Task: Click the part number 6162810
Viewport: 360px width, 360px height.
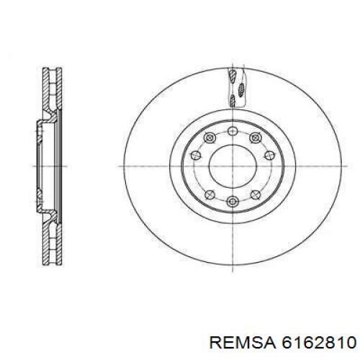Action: [x=319, y=343]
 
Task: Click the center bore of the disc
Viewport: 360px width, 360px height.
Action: [x=233, y=166]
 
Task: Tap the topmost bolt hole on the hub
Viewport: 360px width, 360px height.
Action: [x=233, y=131]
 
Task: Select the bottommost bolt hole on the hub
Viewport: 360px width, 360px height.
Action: [x=233, y=201]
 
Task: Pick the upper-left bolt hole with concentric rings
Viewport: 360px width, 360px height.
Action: [x=210, y=138]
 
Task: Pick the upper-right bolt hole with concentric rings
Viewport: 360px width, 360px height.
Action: [x=255, y=138]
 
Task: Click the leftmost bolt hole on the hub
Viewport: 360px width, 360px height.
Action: [x=196, y=156]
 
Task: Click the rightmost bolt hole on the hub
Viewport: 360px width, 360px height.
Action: [x=269, y=156]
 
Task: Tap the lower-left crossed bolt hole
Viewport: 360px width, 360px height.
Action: [x=210, y=194]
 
